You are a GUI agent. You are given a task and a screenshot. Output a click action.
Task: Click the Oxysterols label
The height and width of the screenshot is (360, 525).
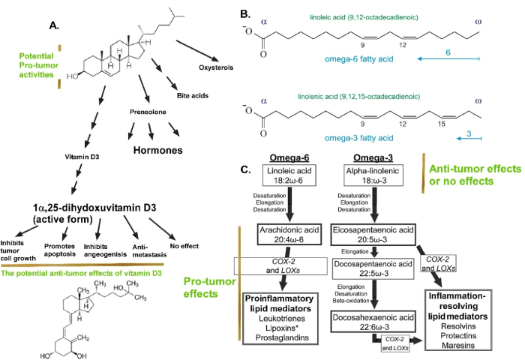[229, 65]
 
